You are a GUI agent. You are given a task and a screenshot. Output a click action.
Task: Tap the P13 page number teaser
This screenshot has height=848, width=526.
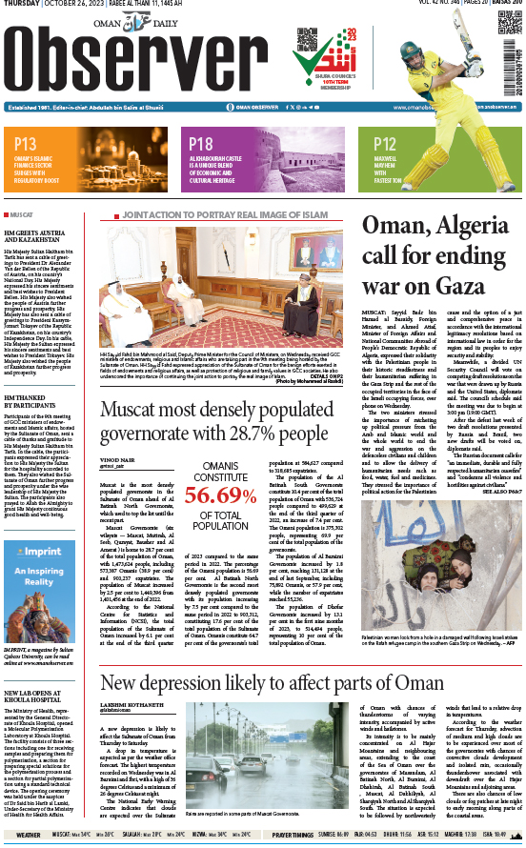26,144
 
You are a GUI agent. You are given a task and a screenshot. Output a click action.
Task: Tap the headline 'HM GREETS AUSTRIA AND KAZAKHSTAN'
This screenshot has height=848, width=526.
39,236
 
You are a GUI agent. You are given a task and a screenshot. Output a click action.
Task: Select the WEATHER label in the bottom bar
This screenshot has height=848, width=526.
28,835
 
